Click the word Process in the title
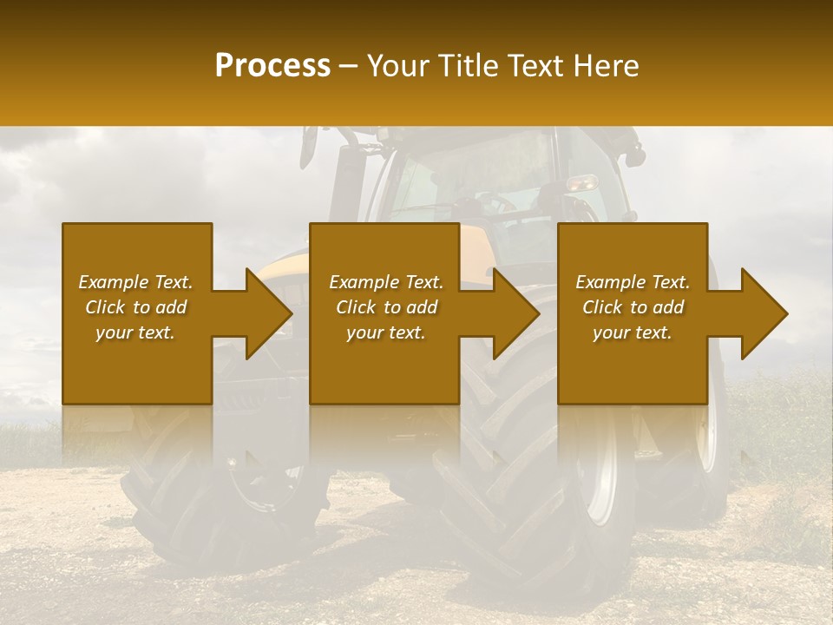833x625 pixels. pyautogui.click(x=272, y=65)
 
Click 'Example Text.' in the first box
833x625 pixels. pyautogui.click(x=136, y=282)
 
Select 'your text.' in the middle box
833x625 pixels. pyautogui.click(x=385, y=332)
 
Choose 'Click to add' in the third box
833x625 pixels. pyautogui.click(x=633, y=307)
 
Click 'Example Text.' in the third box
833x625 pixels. pyautogui.click(x=633, y=282)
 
